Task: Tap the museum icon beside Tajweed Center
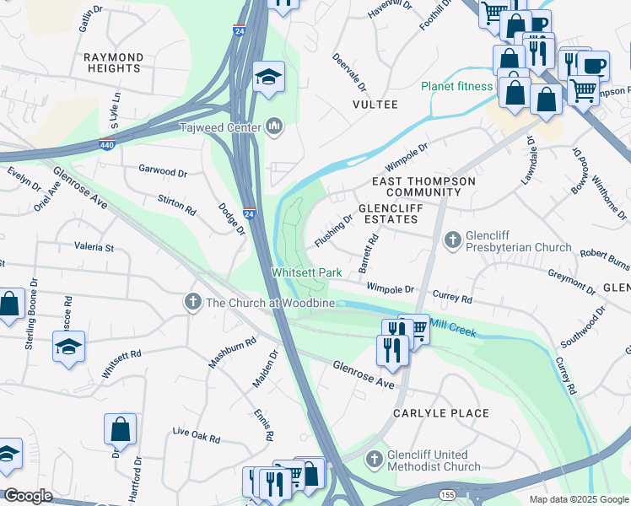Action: [273, 127]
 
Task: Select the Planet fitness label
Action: [456, 86]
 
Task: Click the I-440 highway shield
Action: [107, 144]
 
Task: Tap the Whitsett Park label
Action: [306, 272]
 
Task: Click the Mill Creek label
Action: [454, 328]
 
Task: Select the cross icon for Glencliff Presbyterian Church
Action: [453, 241]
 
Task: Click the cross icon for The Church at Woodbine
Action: [192, 302]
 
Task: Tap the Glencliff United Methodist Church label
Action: [434, 460]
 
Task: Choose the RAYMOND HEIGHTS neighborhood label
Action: [112, 62]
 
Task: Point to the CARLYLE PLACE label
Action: [441, 413]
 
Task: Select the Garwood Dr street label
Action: [163, 171]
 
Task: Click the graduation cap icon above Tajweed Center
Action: [269, 77]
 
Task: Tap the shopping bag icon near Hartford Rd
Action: [120, 428]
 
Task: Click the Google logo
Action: [29, 496]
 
